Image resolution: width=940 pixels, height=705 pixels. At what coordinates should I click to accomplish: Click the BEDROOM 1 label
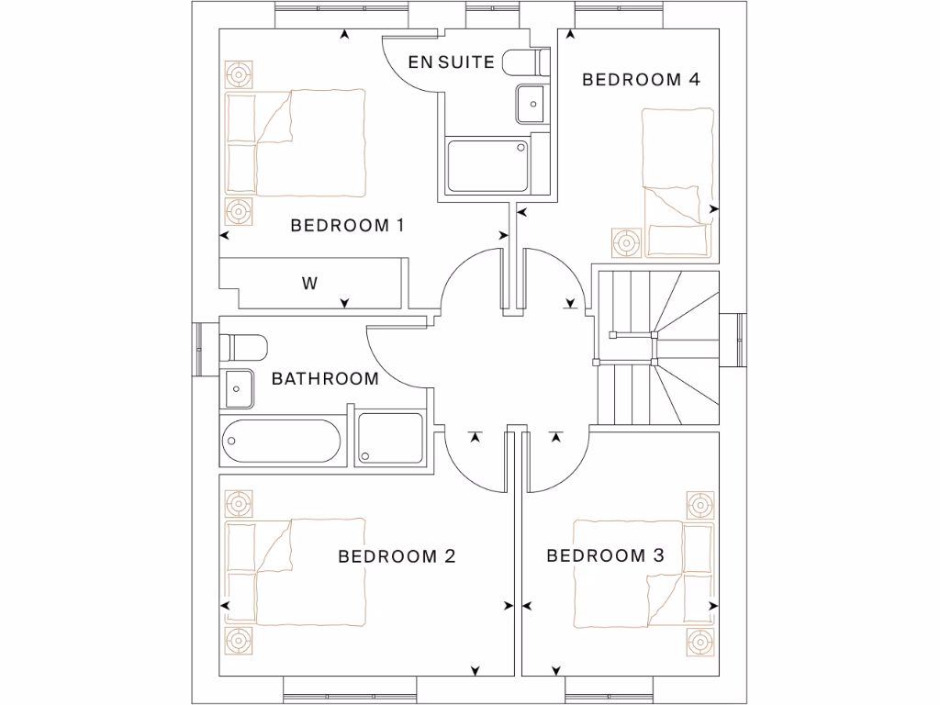point(347,226)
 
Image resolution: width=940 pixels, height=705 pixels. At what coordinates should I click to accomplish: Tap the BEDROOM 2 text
point(397,556)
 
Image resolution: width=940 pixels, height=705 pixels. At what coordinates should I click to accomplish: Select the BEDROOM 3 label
point(605,555)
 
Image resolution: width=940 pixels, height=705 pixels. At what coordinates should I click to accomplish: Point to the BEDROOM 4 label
point(641,80)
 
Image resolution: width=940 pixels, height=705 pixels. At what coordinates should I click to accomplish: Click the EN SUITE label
point(452,62)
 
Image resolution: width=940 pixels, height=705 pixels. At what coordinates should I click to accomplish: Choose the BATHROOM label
point(325,378)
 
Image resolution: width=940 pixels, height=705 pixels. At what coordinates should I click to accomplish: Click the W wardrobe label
point(309,284)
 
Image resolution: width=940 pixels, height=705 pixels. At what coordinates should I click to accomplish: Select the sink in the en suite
point(532,103)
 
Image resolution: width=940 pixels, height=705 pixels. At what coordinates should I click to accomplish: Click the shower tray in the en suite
point(487,165)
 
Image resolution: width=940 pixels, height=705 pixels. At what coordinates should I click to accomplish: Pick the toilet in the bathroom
point(244,348)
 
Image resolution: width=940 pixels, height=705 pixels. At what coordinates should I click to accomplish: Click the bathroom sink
point(239,387)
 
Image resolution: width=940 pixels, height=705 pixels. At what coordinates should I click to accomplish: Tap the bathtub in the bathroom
point(281,442)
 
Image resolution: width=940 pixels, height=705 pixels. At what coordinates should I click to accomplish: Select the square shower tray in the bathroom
point(390,439)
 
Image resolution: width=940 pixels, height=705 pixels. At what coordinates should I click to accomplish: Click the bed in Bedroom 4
point(677,179)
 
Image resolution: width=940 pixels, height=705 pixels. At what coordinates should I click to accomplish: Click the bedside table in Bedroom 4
point(627,243)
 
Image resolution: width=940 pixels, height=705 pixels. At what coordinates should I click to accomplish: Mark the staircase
point(657,349)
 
